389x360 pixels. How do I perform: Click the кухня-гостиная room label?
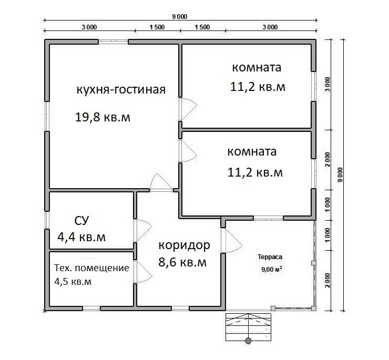coord(121,89)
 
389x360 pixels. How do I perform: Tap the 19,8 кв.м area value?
coord(103,117)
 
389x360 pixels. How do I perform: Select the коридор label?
coord(184,245)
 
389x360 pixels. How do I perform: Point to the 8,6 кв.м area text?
coord(182,262)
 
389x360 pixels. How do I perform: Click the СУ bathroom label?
coord(81,221)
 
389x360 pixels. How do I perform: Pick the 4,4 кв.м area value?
coord(81,237)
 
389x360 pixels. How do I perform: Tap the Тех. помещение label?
coord(91,268)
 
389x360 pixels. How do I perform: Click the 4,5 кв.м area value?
coord(73,282)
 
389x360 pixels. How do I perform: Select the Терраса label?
coord(270,257)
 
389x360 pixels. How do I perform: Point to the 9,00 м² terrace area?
coord(271,269)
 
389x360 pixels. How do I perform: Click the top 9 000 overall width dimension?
coord(180,17)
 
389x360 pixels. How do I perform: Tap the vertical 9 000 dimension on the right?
coord(340,174)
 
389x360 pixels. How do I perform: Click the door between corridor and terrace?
coord(231,240)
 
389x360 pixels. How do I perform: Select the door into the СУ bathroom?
coord(142,231)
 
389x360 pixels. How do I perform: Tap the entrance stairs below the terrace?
coord(248,327)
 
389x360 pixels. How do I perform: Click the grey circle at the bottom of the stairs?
coord(248,341)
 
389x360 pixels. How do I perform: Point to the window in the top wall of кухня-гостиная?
coord(114,42)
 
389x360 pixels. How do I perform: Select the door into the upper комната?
coord(188,109)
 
